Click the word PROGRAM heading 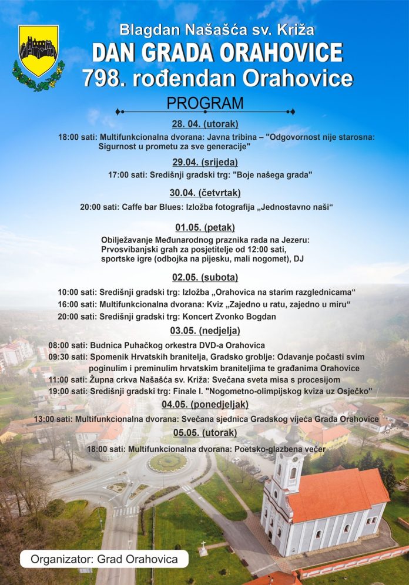pos(204,103)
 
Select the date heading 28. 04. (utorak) pos(204,124)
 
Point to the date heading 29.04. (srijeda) pos(204,162)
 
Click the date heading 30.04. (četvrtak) pos(204,193)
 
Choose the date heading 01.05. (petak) pos(204,227)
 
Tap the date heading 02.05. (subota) pos(204,277)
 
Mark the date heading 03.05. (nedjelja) pos(204,330)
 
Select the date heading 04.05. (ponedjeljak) pos(204,404)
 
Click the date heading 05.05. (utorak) pos(204,433)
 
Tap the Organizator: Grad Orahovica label pos(104,559)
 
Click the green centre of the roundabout pos(167,462)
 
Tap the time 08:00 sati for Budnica pos(68,345)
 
